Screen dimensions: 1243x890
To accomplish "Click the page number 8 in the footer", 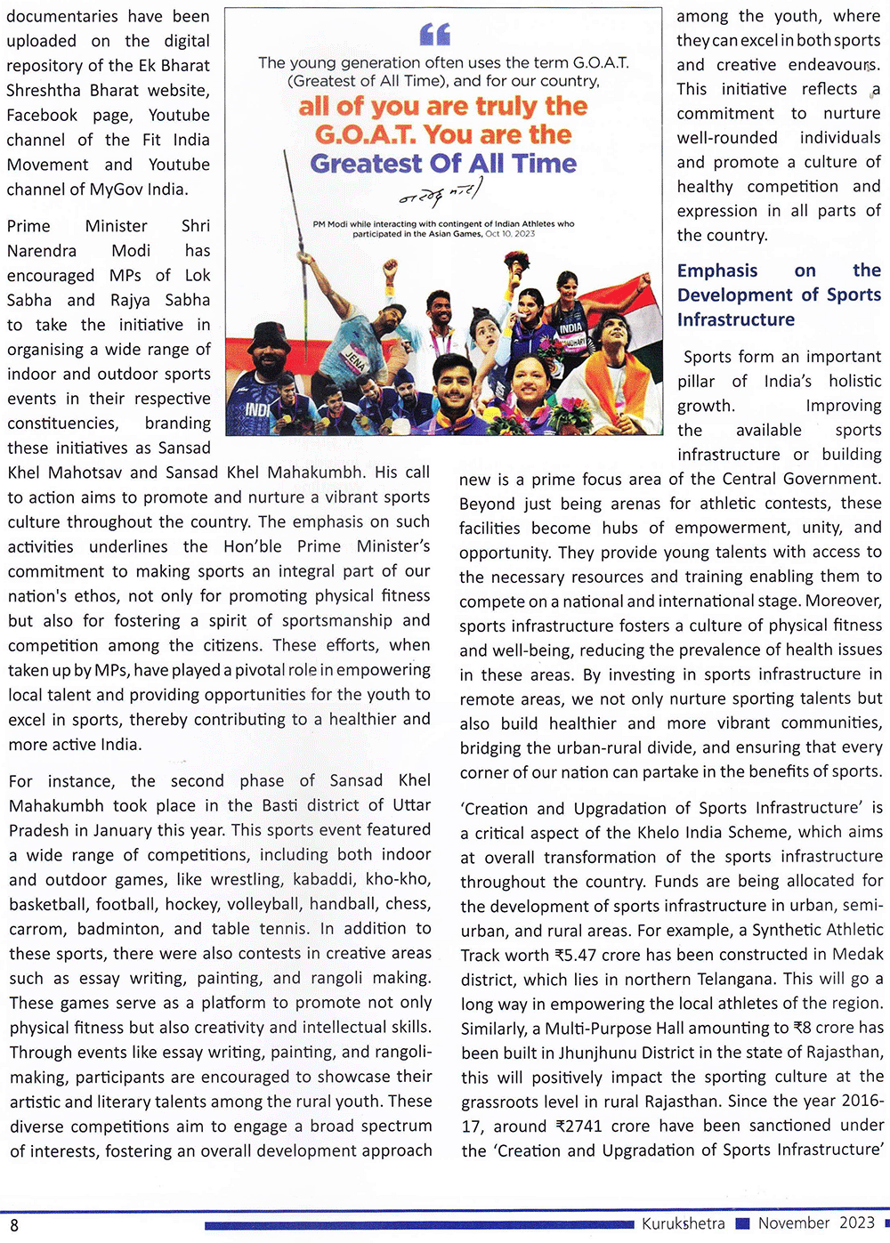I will [x=14, y=1225].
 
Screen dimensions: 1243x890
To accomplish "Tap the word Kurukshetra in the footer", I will [x=683, y=1223].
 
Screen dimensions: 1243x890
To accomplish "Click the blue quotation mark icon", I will [x=435, y=35].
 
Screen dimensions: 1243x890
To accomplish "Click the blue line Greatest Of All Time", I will [x=443, y=164].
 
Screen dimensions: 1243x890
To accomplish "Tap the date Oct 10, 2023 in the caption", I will [x=510, y=234].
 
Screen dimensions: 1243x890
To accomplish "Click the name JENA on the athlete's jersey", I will [x=354, y=359].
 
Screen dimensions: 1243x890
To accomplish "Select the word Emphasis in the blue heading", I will [x=717, y=270].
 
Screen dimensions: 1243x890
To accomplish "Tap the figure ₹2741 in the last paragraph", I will [x=578, y=1126].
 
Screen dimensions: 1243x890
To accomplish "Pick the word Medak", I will [x=856, y=955].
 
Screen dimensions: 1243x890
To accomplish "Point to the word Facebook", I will [x=42, y=115].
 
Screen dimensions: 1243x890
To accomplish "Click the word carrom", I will [x=36, y=928].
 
